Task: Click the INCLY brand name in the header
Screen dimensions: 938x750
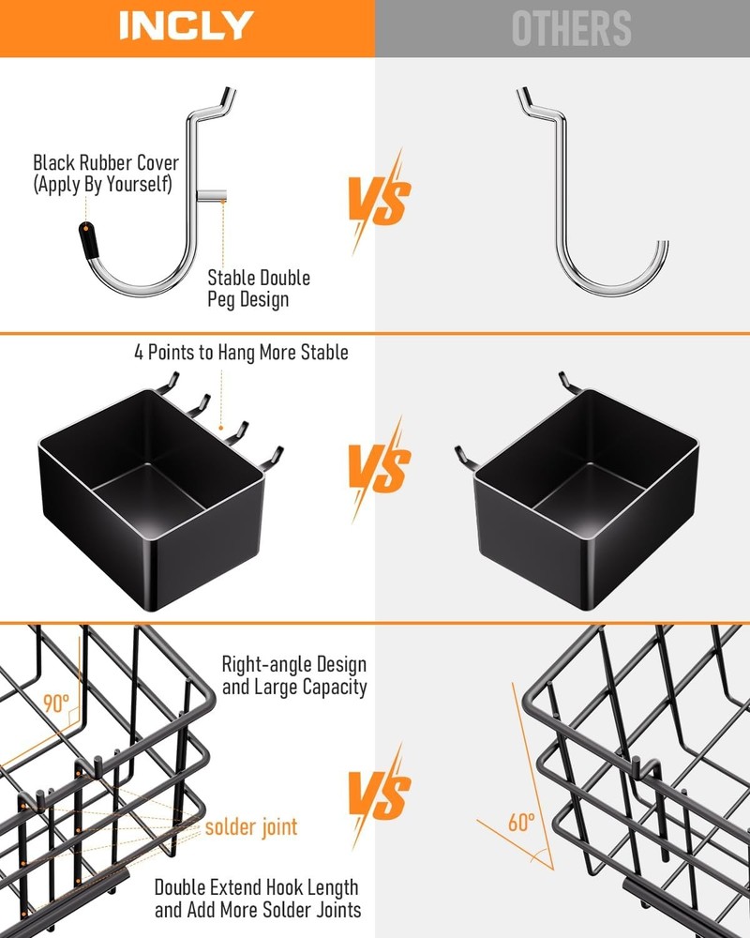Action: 186,26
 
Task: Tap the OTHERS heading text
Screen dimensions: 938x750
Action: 572,28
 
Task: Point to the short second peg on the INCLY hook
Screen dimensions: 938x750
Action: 213,197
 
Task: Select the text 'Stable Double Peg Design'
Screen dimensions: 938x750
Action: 259,289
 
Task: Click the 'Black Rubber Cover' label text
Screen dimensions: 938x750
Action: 105,163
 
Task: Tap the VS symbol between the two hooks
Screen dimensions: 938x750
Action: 380,200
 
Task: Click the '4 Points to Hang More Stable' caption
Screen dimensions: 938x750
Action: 240,353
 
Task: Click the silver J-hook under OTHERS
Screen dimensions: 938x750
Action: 600,206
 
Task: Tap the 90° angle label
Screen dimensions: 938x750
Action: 56,703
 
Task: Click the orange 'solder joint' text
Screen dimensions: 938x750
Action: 251,826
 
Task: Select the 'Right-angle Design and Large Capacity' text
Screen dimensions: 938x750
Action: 293,675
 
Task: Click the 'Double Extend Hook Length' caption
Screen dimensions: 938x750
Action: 256,886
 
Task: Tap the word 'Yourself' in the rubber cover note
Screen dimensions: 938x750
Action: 139,184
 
